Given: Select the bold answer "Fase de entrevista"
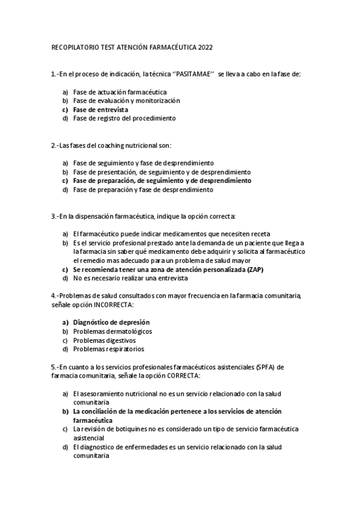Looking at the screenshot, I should (x=100, y=110).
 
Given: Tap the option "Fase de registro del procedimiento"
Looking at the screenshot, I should (x=124, y=118).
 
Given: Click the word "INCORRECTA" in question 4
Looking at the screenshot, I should (x=115, y=306).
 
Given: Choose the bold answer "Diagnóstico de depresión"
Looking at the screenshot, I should (x=111, y=322).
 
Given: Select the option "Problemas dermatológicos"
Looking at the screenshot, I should (x=112, y=331).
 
